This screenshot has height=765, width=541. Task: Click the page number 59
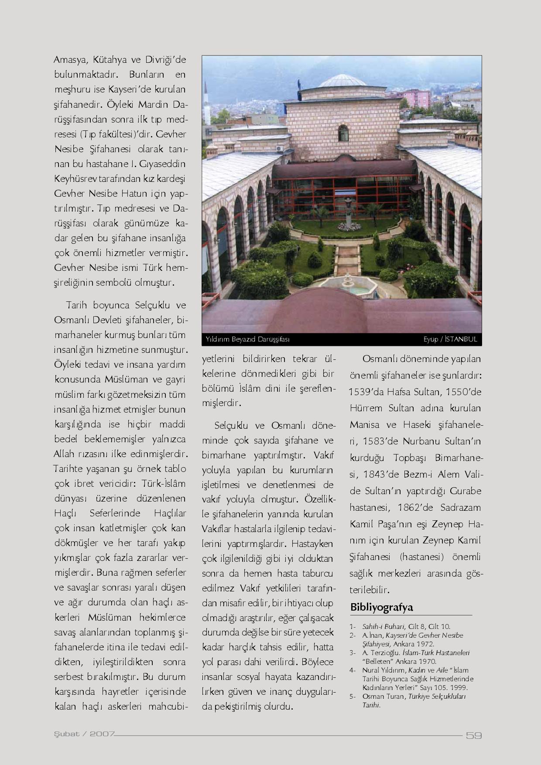tap(474, 735)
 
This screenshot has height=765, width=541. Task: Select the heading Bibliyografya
tap(381, 607)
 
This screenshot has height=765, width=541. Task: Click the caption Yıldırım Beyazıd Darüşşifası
tap(248, 339)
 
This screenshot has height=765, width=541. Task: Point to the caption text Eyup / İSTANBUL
tap(450, 339)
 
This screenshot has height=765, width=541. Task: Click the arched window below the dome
tap(343, 133)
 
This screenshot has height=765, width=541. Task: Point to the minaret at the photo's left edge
tap(207, 105)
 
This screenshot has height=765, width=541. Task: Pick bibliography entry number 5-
tap(353, 696)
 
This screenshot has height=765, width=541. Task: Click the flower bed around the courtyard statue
tap(349, 226)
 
